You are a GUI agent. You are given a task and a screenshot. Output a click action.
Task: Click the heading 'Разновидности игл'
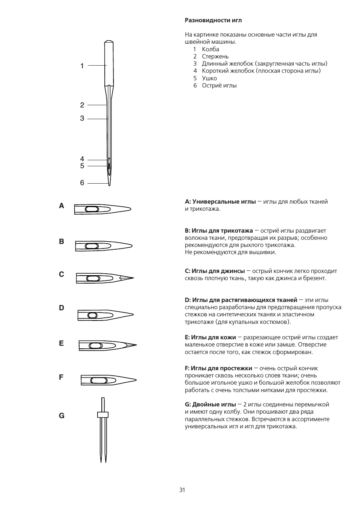(213, 20)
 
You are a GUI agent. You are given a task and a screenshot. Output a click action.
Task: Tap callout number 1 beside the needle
(82, 66)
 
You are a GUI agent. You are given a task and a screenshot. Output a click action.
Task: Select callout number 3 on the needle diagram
(82, 118)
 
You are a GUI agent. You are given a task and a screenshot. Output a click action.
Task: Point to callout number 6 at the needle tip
(82, 183)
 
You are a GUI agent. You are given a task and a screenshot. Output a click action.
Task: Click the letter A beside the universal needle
(61, 206)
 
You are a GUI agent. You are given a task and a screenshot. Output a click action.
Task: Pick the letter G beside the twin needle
(61, 416)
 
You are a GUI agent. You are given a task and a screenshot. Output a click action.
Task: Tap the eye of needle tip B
(92, 246)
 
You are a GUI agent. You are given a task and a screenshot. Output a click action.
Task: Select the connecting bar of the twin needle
(103, 415)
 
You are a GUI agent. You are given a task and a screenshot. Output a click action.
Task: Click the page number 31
(182, 490)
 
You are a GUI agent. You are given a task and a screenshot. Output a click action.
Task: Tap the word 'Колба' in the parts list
(210, 49)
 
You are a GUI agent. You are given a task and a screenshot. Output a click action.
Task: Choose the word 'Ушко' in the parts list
(209, 78)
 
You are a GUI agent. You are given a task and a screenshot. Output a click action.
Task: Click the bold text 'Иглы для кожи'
(213, 337)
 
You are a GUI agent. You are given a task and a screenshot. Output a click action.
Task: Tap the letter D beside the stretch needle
(61, 308)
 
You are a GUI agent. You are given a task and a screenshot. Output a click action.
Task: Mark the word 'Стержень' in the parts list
(215, 57)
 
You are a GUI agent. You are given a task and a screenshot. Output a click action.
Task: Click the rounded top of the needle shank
(109, 41)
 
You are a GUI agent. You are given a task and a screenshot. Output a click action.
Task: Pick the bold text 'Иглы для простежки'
(221, 368)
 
